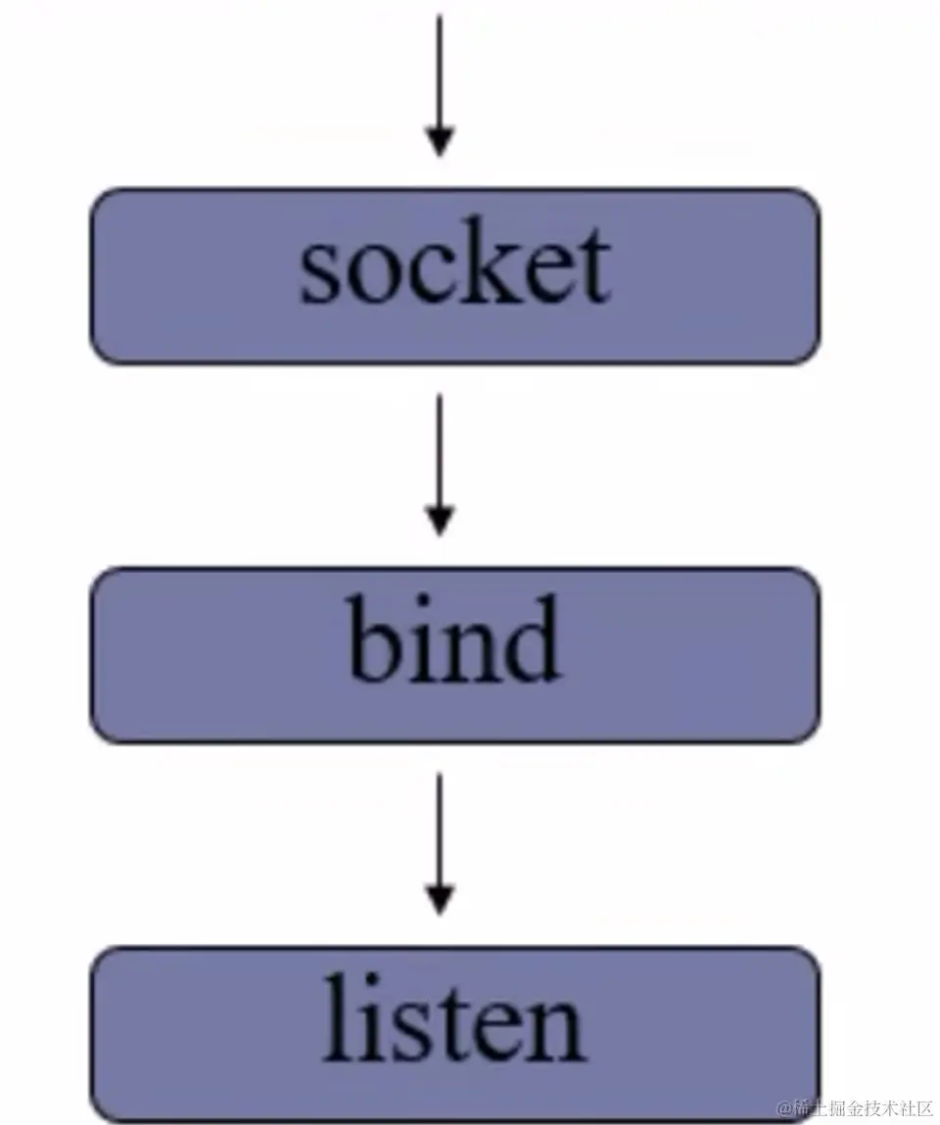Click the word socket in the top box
coord(455,266)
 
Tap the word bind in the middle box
coord(454,641)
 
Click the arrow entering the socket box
coord(440,83)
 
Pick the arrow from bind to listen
coord(440,842)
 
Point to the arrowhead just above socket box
coord(440,142)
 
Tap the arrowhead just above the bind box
coord(440,521)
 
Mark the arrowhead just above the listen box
coord(440,901)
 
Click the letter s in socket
coord(321,274)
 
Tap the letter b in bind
coord(376,642)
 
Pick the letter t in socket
coord(591,269)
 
